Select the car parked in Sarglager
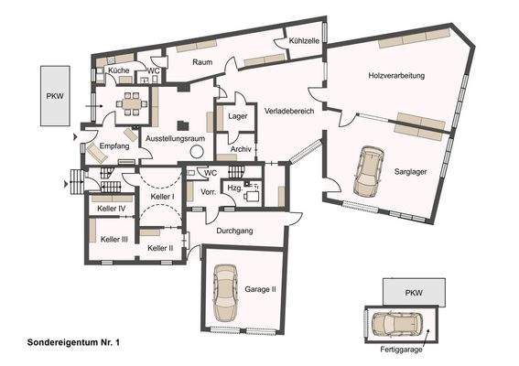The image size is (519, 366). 369,170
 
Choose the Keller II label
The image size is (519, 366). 160,248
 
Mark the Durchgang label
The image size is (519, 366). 235,231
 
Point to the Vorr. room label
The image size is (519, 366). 208,193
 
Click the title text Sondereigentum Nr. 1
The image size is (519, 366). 62,341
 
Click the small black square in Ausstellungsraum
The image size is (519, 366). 183,125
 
